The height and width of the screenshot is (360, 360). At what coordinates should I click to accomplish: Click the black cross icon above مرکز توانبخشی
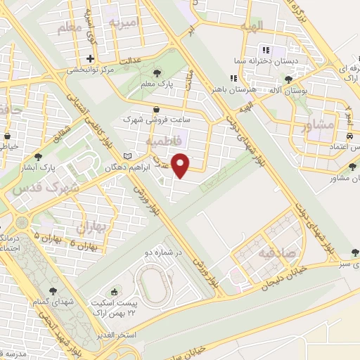(x=90, y=59)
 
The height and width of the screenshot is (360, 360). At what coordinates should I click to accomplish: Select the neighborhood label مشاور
(x=316, y=127)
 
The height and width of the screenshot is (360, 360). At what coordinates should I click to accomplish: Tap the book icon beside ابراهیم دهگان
(x=127, y=155)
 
